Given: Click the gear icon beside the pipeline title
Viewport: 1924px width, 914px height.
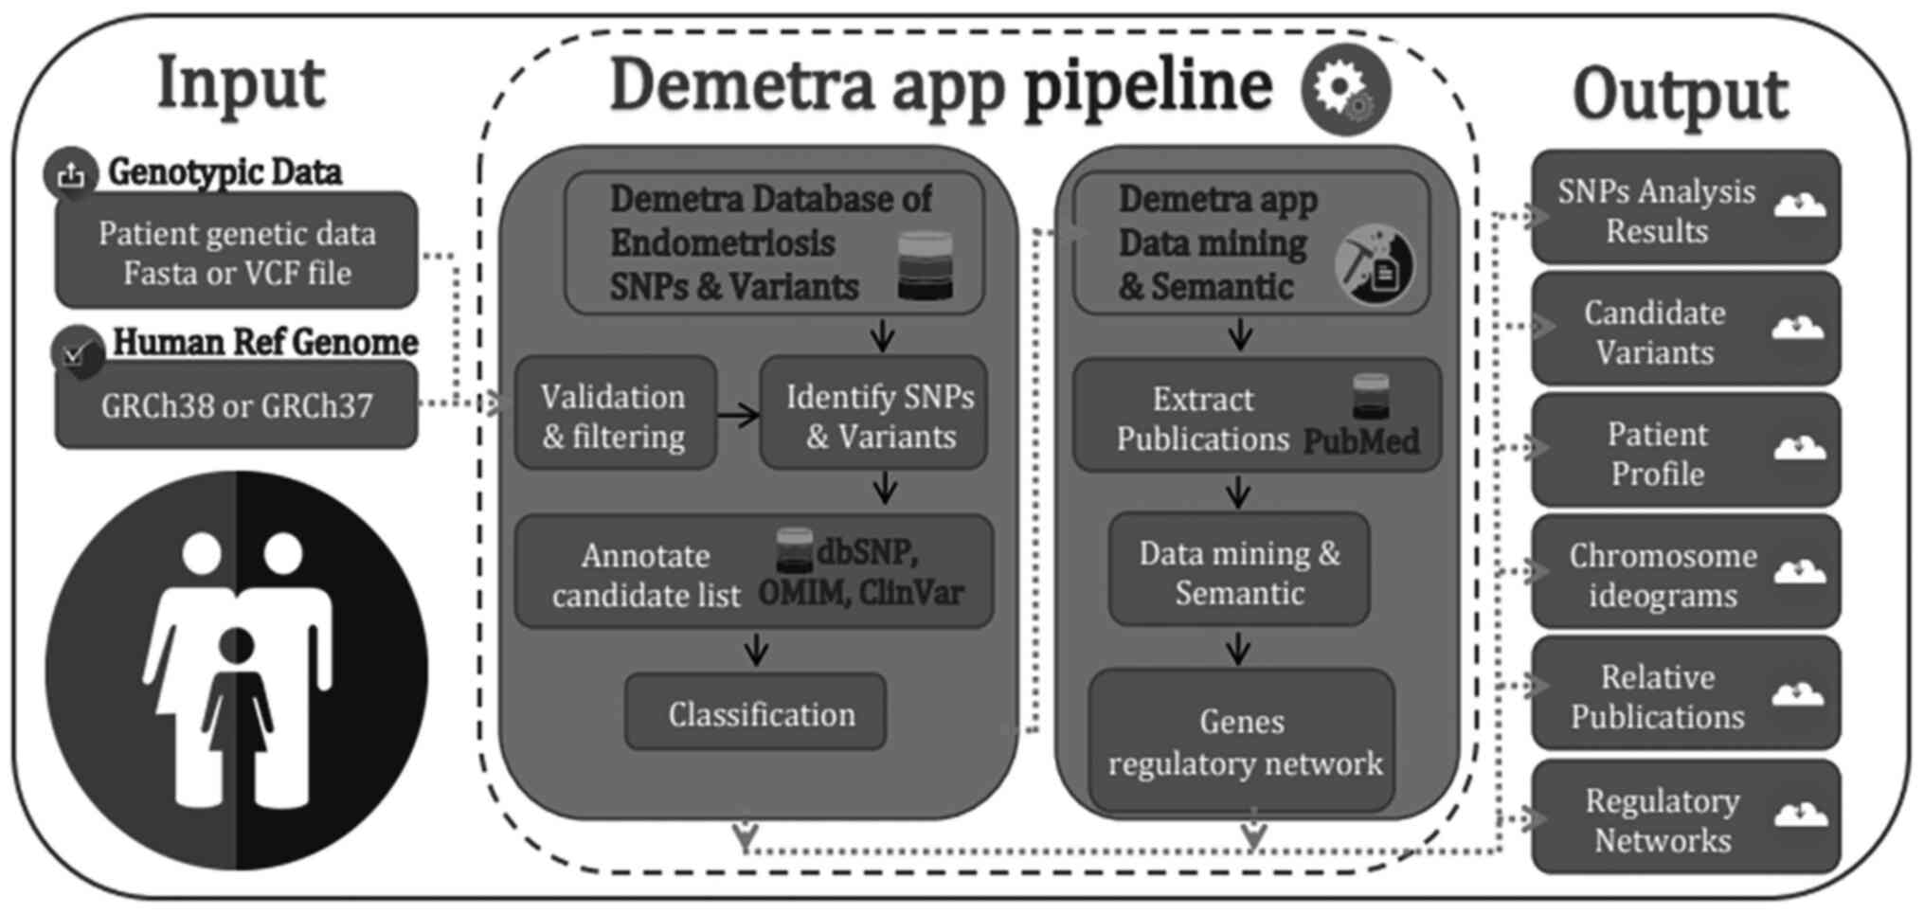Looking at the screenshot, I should (x=1345, y=90).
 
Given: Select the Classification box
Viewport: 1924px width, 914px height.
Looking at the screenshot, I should (x=756, y=713).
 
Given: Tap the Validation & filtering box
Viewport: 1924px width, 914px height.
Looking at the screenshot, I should (x=615, y=415).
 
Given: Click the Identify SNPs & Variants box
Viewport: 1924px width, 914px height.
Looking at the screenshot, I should (x=873, y=415).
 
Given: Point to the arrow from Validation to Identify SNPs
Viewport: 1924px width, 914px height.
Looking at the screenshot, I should (x=738, y=414).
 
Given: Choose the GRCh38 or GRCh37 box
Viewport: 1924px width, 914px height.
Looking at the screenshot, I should (x=236, y=406).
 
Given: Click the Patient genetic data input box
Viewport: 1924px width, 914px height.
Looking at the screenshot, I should (x=236, y=252).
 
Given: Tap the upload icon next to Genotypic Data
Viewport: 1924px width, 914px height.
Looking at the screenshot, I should (x=71, y=174).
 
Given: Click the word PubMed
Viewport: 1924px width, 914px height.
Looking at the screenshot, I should (x=1360, y=440).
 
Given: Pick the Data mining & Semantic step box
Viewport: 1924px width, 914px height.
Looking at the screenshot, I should (x=1239, y=571).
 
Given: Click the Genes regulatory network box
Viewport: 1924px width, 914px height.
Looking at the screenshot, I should (x=1242, y=742).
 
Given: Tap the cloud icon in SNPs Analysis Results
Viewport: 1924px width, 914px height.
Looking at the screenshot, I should (x=1799, y=205).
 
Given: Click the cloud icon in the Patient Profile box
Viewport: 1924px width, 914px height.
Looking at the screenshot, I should (x=1799, y=448).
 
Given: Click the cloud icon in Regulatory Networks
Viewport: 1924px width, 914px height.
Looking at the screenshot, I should (x=1799, y=815).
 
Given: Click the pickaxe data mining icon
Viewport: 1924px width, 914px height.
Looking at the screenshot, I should (x=1375, y=266).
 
